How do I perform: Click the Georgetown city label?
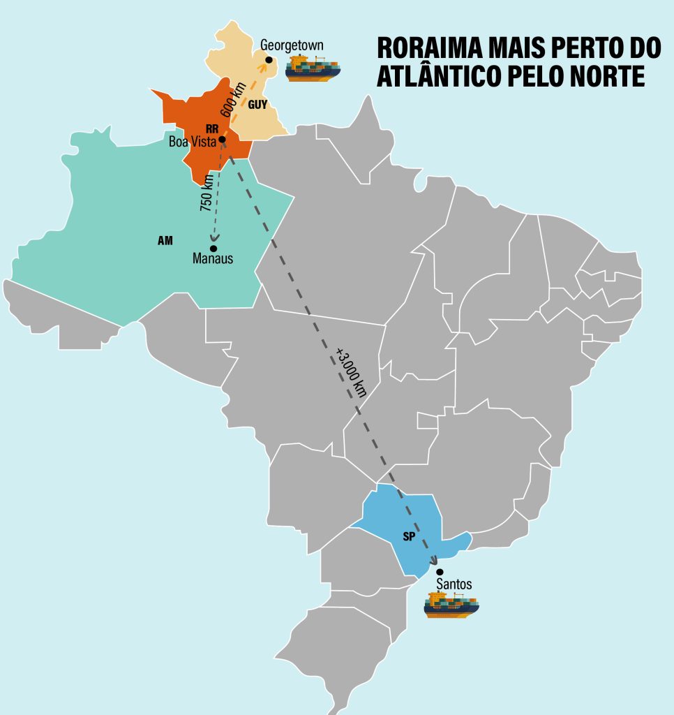click(x=292, y=45)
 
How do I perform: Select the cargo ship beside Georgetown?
click(x=313, y=68)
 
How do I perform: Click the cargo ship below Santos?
click(x=451, y=604)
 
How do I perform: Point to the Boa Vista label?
click(x=193, y=140)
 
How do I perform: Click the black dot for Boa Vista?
click(x=222, y=140)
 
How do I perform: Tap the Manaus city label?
click(x=212, y=259)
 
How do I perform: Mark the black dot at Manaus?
click(x=214, y=248)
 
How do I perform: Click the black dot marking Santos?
click(x=440, y=572)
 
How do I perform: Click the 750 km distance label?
click(x=207, y=193)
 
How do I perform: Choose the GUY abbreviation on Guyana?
click(x=257, y=105)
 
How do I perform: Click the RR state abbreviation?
click(x=212, y=128)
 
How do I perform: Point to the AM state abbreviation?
click(x=165, y=241)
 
